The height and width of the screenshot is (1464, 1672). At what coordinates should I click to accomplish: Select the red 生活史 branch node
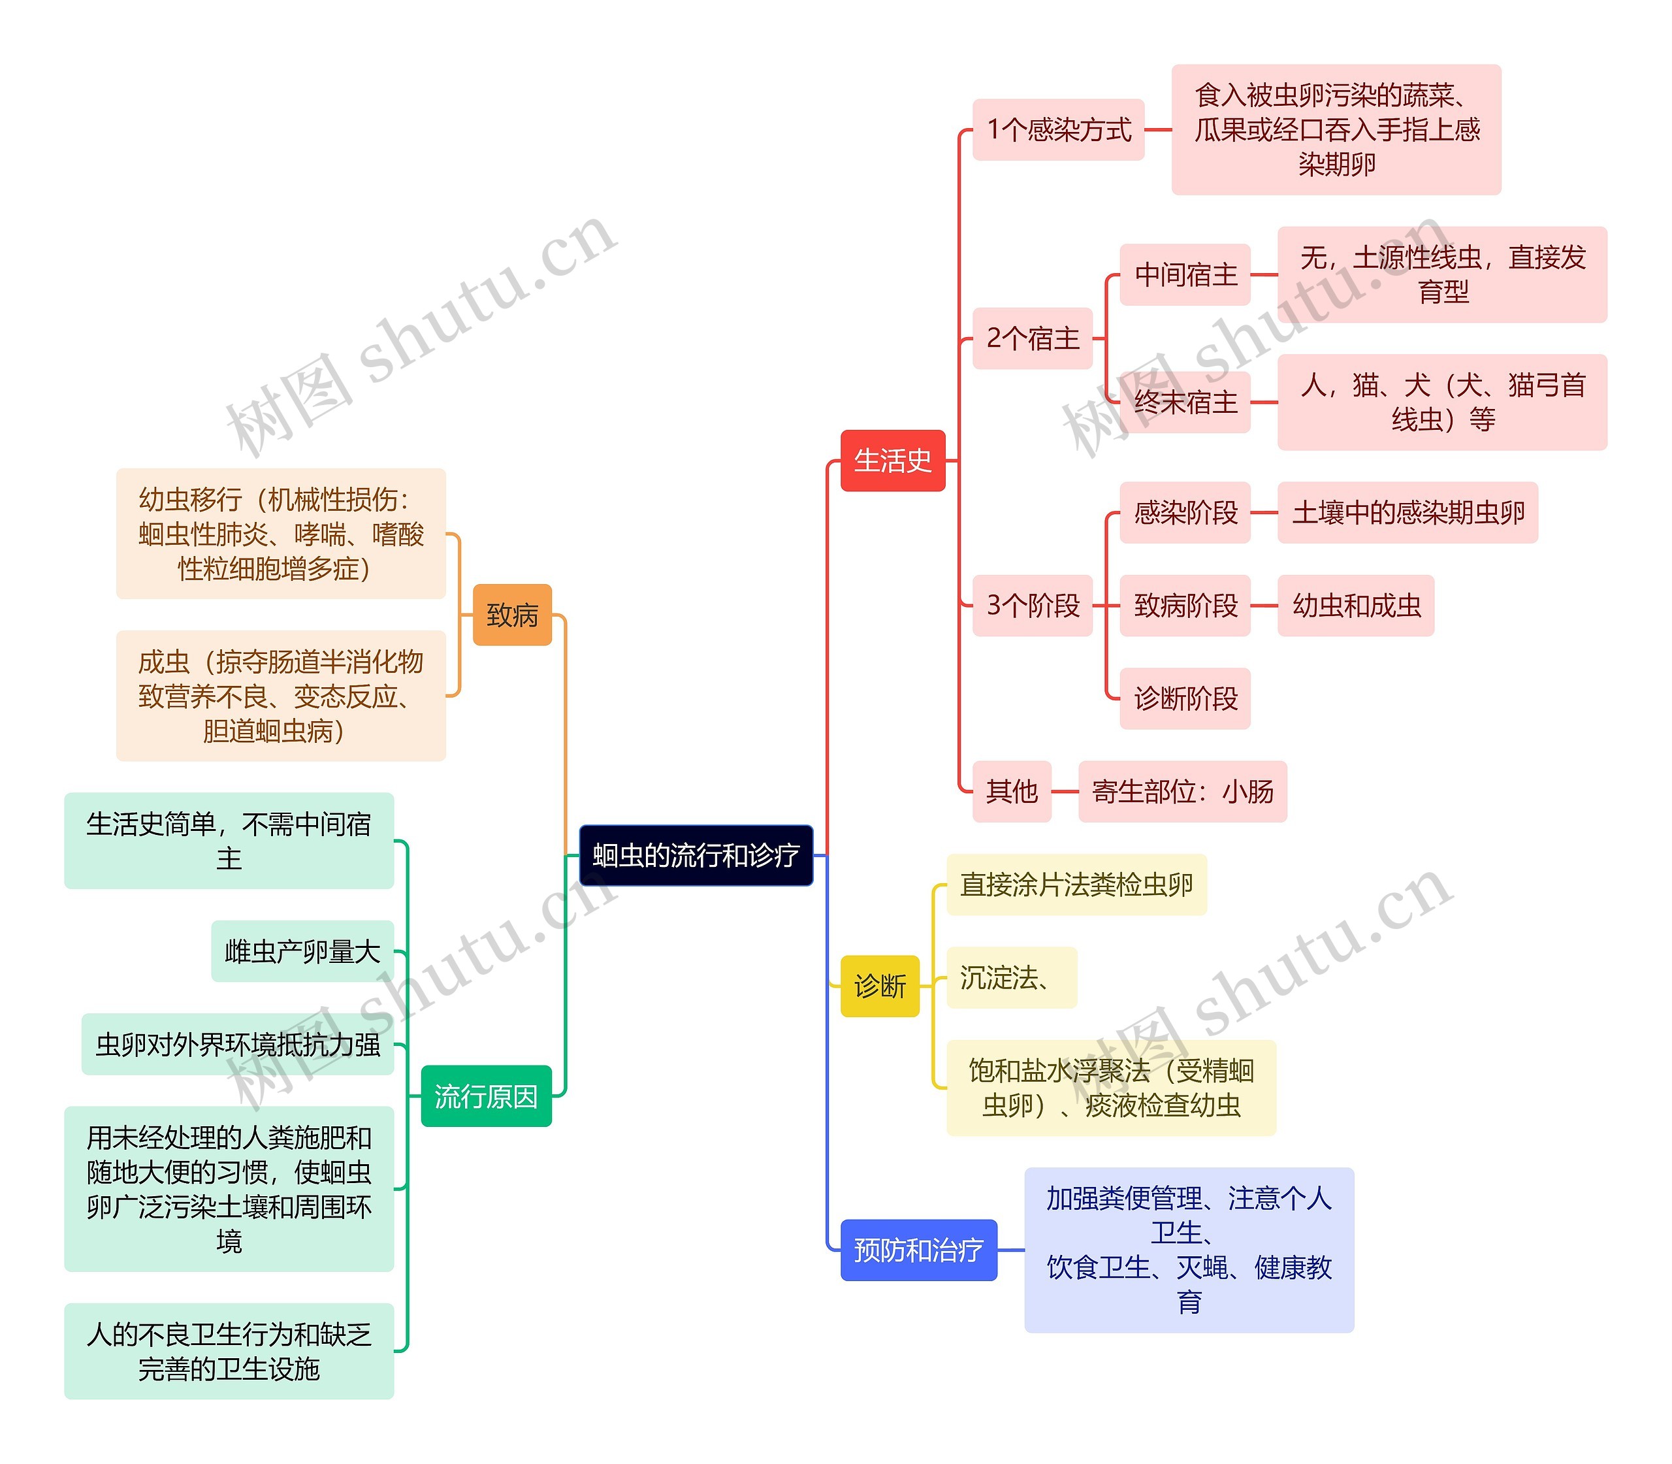click(892, 461)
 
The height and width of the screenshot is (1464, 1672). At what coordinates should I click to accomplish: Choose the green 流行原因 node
click(486, 1096)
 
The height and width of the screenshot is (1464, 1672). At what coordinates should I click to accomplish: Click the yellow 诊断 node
click(880, 986)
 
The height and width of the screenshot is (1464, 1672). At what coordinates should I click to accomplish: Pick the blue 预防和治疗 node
click(918, 1250)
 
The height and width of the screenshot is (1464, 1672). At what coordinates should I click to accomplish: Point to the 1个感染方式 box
click(1058, 130)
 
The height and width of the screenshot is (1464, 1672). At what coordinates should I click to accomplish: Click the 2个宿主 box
click(1033, 338)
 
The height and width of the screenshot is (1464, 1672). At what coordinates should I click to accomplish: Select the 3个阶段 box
click(1033, 606)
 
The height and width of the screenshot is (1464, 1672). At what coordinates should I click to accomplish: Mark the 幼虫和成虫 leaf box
click(1355, 606)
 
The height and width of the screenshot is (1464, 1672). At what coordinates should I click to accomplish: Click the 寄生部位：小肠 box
click(1182, 791)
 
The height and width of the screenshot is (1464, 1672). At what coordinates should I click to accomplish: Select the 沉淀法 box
click(1010, 977)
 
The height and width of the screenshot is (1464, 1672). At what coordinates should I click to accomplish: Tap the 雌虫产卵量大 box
click(302, 951)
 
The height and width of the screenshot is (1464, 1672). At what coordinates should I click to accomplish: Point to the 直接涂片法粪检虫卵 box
click(1076, 885)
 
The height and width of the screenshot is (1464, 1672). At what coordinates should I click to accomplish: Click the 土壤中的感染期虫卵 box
click(1407, 513)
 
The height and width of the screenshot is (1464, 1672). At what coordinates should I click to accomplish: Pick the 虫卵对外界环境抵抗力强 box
click(237, 1044)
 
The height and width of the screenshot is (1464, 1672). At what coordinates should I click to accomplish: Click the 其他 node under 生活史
click(1011, 791)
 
